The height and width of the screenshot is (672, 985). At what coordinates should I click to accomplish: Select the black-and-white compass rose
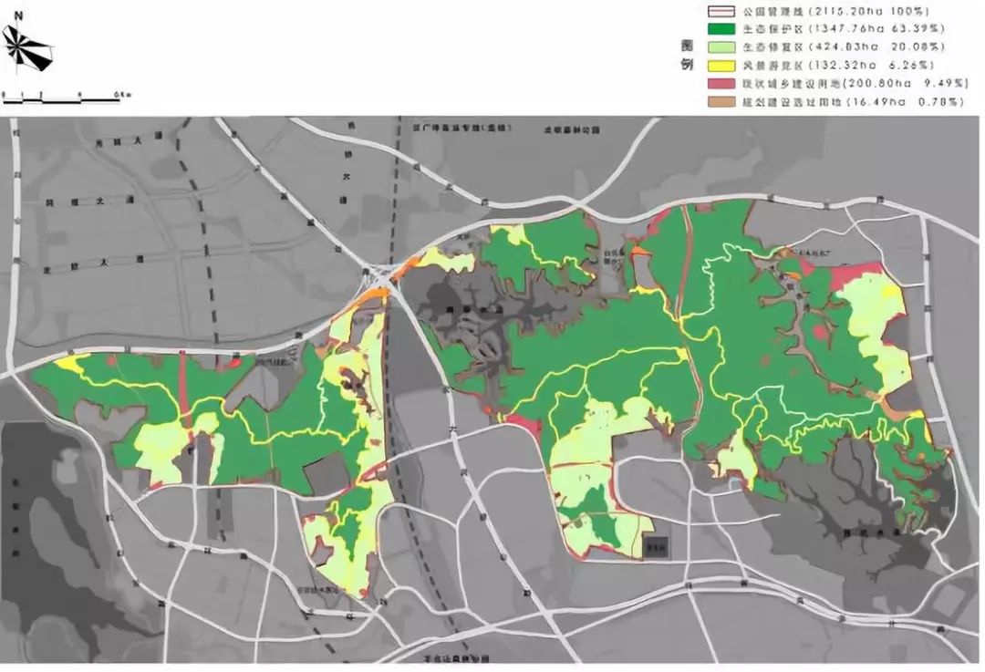tap(27, 48)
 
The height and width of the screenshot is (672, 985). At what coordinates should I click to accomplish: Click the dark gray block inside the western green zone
tap(327, 474)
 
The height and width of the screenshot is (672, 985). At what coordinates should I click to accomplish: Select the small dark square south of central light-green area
tap(655, 546)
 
